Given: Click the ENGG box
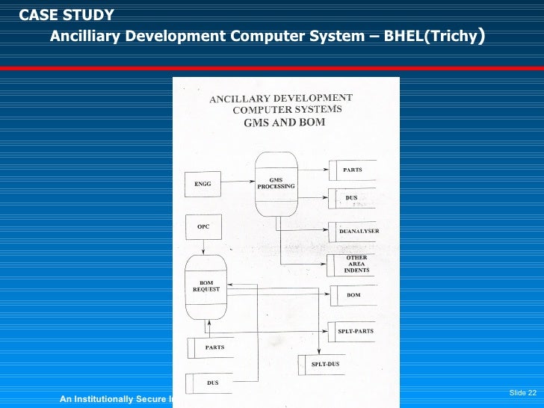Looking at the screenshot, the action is tap(203, 184).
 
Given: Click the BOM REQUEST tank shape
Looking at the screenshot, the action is tap(205, 287).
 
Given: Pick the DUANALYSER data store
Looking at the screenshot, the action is tap(354, 232).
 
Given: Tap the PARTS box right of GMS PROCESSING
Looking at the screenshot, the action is tap(352, 170).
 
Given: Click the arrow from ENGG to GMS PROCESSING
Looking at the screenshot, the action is tap(238, 182).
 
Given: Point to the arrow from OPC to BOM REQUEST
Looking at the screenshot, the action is tap(203, 247).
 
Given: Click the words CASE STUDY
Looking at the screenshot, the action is tap(67, 15).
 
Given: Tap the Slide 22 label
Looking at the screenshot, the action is tap(522, 393).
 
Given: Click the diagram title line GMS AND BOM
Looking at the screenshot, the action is tap(284, 123).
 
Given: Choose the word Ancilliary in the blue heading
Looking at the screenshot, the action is tap(81, 37).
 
